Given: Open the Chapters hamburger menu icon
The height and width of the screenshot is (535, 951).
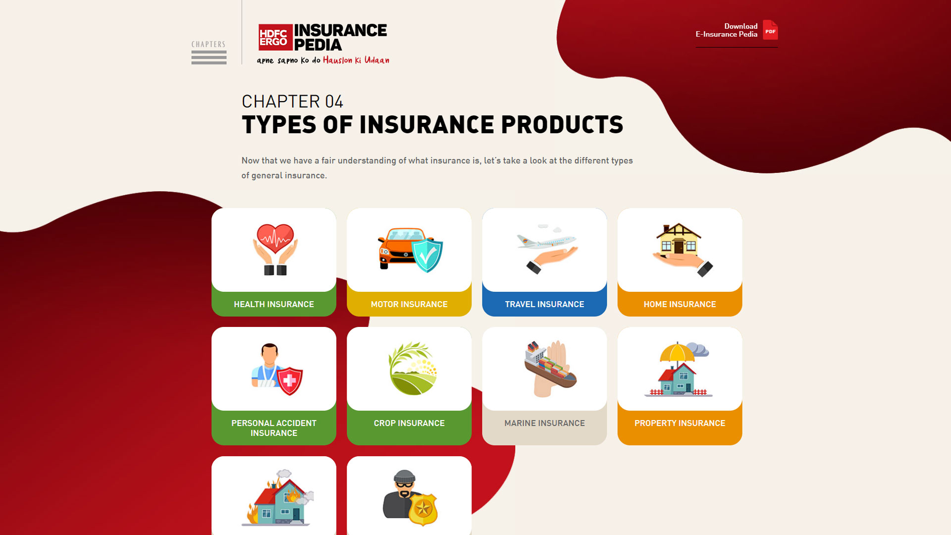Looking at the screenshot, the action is point(209,57).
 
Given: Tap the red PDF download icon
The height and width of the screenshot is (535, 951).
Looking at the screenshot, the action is point(770,30).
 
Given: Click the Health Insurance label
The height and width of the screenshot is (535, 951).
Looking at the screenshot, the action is point(274,304).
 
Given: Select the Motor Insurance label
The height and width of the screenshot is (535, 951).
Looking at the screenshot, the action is point(409,304).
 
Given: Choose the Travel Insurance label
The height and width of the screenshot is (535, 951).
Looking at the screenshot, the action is point(544,304).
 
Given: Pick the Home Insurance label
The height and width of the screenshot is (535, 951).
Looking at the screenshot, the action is point(680,304).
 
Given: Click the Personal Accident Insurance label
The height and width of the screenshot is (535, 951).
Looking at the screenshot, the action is point(274,428).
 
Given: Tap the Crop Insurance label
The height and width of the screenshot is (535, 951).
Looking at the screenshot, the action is point(409,423).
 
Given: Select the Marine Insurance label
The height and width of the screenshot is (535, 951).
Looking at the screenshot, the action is point(544,423).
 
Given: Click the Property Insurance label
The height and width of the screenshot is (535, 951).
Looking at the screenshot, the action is point(680,423).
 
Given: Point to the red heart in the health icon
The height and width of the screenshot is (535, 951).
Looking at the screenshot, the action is point(275,239).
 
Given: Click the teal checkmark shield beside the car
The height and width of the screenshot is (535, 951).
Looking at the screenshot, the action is point(427,255).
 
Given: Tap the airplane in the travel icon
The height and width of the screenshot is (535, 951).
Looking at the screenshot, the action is point(546,241).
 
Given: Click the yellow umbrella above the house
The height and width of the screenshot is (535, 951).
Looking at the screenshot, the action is point(677,353).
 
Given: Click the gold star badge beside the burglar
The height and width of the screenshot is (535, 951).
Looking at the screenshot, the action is point(423,509).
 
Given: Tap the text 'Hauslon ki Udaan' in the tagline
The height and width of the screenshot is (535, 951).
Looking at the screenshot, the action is point(356,60).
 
